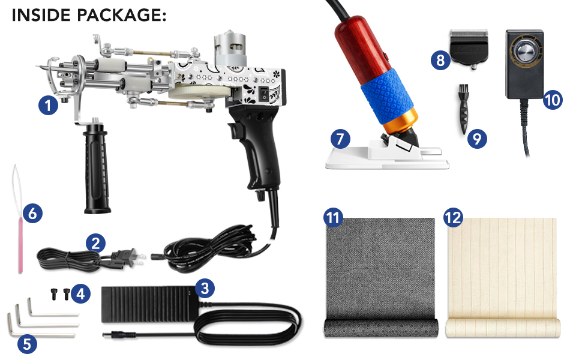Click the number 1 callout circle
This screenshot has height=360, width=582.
pos(47,106)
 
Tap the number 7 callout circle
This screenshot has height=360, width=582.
pos(340,139)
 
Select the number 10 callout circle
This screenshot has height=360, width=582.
pos(553,99)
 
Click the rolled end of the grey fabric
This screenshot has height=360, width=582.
pos(378,329)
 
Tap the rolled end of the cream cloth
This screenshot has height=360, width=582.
pos(503,328)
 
